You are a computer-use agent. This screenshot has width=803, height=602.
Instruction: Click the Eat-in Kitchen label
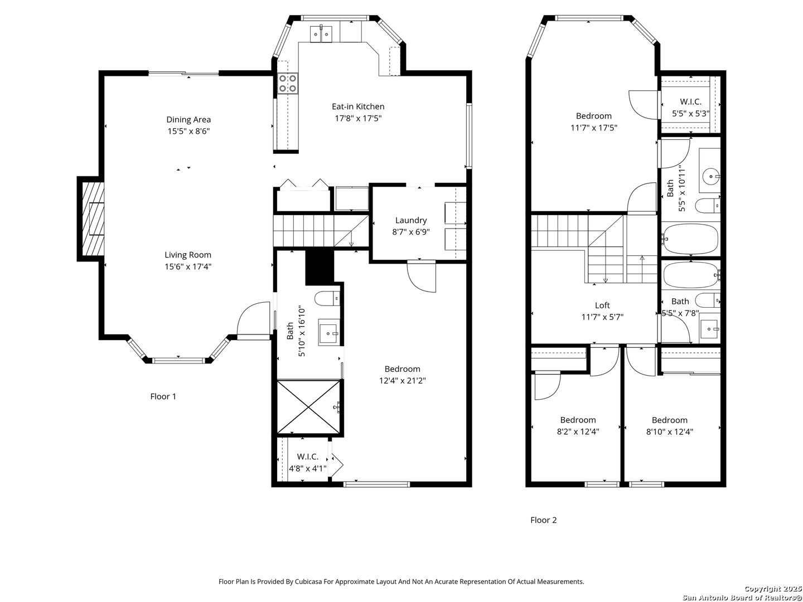tap(358, 106)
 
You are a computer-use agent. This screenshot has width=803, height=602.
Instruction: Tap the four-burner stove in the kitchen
tap(288, 83)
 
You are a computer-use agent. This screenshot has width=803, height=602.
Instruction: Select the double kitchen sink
tap(321, 34)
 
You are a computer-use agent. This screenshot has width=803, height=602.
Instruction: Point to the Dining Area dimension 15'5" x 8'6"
tap(188, 131)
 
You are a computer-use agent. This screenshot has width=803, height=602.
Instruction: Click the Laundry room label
tap(411, 220)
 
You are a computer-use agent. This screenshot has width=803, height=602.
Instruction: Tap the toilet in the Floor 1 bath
tap(327, 298)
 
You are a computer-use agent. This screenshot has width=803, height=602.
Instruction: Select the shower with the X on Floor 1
tap(309, 407)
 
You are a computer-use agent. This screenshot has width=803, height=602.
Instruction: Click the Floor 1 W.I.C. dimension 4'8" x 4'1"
tap(308, 468)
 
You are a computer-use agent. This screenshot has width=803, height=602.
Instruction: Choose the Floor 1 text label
tap(163, 396)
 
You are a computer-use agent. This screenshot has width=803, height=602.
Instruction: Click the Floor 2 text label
tap(543, 520)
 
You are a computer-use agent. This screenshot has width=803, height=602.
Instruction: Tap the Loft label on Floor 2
tap(602, 305)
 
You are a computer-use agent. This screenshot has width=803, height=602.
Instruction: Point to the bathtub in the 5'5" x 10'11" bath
tap(691, 239)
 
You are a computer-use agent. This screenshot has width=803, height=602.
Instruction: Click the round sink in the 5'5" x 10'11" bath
tap(710, 176)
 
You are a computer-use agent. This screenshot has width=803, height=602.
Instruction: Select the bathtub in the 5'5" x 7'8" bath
tap(691, 275)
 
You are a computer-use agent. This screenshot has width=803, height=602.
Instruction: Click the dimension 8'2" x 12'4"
tap(578, 431)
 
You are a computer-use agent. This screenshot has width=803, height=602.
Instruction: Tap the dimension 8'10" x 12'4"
tap(670, 431)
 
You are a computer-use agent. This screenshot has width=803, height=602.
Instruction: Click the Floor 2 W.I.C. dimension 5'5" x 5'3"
tap(690, 113)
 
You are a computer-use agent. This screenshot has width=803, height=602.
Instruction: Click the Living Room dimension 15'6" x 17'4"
tap(188, 266)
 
